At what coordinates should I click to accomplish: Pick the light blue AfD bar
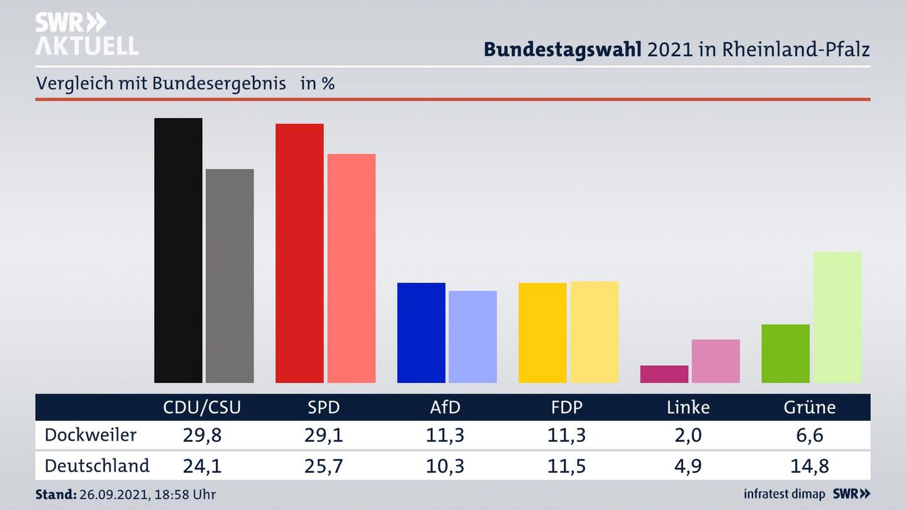tap(473, 337)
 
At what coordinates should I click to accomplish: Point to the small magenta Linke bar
tap(664, 374)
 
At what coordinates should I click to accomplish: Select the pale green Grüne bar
tap(837, 317)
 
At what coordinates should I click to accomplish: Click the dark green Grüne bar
tap(785, 353)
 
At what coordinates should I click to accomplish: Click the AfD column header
tap(445, 407)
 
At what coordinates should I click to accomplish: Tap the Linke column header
tap(688, 407)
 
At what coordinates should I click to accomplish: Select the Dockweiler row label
tap(90, 435)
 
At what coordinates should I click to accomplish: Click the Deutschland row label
tap(97, 466)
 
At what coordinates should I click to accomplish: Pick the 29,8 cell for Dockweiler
tap(202, 435)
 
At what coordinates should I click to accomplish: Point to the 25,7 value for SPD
tap(323, 466)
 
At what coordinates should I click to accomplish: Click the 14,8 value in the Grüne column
tap(810, 466)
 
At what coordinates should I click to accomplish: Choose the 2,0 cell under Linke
tap(688, 435)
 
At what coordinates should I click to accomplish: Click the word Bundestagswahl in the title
tap(562, 50)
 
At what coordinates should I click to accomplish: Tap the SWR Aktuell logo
tap(86, 35)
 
